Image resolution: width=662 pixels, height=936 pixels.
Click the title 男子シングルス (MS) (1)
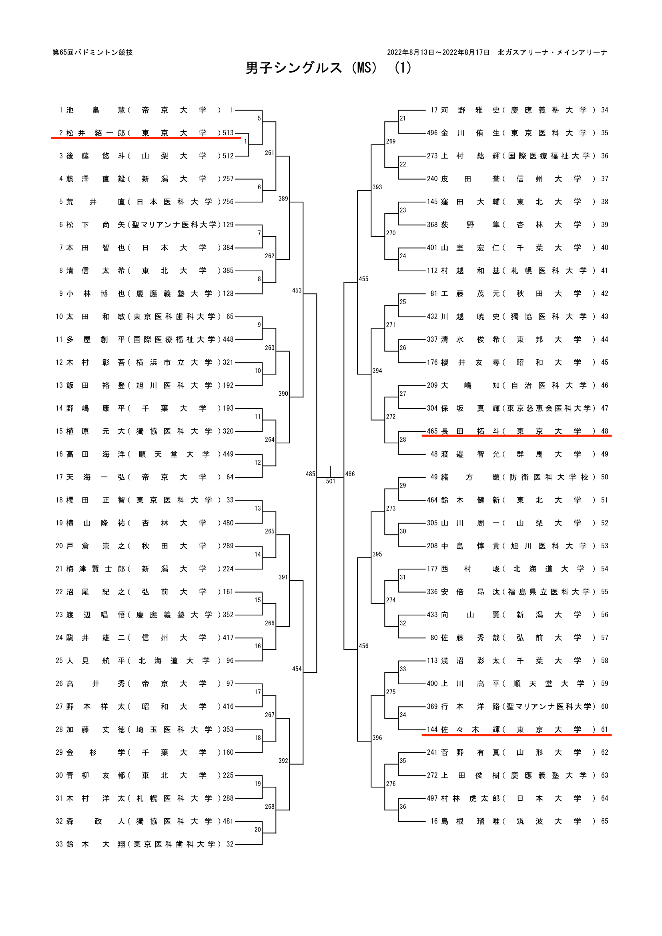pyautogui.click(x=328, y=68)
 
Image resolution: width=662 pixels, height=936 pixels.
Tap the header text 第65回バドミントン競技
pyautogui.click(x=92, y=52)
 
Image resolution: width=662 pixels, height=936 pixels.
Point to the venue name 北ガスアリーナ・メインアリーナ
pyautogui.click(x=552, y=52)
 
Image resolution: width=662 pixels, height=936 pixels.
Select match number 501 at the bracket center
pyautogui.click(x=330, y=481)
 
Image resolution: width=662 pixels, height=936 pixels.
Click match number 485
pyautogui.click(x=310, y=474)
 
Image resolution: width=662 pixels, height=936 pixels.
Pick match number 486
pyautogui.click(x=350, y=474)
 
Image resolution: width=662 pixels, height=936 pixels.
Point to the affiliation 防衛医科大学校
pyautogui.click(x=549, y=477)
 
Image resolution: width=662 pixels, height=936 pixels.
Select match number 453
pyautogui.click(x=297, y=290)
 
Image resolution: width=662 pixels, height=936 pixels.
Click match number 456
pyautogui.click(x=363, y=646)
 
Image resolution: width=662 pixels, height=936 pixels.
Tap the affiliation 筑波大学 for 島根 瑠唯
pyautogui.click(x=549, y=822)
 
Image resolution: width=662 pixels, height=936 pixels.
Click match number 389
pyautogui.click(x=283, y=198)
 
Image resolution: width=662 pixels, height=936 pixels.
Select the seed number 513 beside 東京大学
pyautogui.click(x=228, y=133)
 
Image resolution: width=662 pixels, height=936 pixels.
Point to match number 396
pyautogui.click(x=377, y=738)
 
